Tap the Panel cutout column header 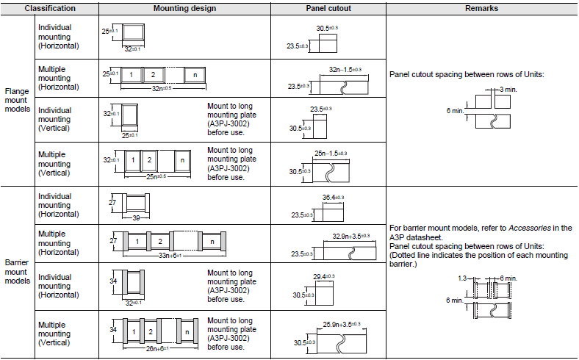(x=328, y=8)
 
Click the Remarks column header (x=482, y=8)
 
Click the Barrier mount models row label (x=18, y=271)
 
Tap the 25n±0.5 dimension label (x=153, y=176)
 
